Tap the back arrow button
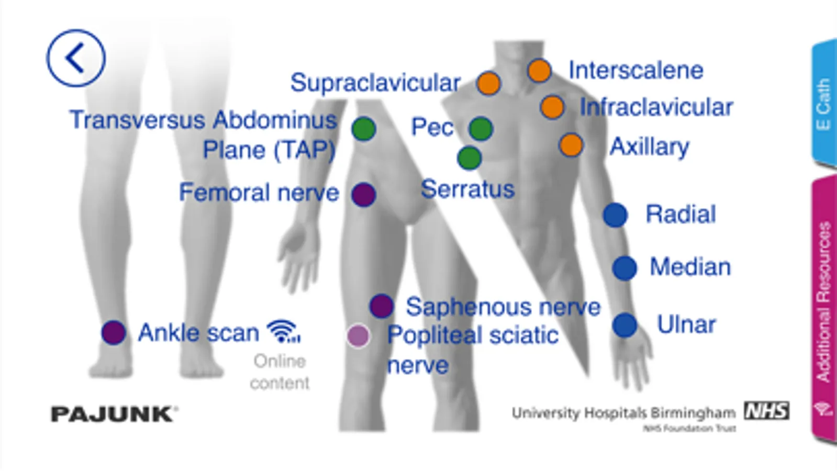[76, 58]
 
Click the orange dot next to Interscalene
[539, 71]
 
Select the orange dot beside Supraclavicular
[488, 83]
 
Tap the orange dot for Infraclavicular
[552, 107]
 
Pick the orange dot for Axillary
[571, 145]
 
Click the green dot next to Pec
[481, 129]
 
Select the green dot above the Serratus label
[469, 158]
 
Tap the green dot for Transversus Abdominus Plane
[364, 129]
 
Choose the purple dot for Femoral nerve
[364, 195]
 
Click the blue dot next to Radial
[615, 215]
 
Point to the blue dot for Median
[624, 268]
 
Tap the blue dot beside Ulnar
[624, 325]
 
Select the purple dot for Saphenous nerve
[382, 306]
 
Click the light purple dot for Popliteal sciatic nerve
[359, 336]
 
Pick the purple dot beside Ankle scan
[114, 332]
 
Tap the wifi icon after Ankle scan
[283, 331]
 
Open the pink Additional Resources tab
[823, 309]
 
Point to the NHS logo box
[767, 411]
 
